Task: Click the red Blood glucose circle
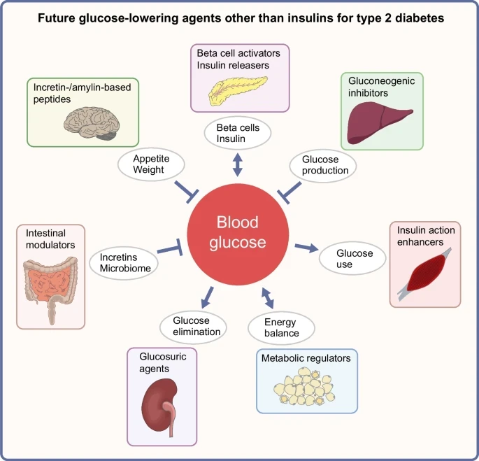point(236,233)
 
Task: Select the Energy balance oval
point(281,327)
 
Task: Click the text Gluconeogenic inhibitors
point(381,87)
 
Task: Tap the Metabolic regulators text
point(306,358)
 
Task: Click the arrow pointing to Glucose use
point(305,247)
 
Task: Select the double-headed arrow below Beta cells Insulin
point(238,165)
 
